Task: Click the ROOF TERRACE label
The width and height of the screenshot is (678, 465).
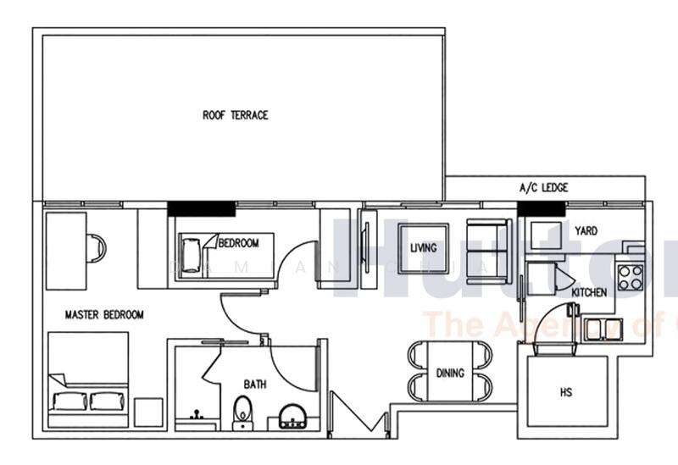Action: coord(235,115)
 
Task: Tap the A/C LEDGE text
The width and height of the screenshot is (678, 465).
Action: coord(543,188)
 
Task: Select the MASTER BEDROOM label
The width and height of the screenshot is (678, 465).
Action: coord(104,315)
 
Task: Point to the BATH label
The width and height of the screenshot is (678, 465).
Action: coord(255,385)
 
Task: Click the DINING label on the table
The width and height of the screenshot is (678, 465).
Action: coord(449,373)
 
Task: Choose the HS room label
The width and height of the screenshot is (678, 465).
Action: coord(566,393)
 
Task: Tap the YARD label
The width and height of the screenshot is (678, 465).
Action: coord(586,230)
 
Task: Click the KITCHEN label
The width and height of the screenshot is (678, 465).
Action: coord(588,292)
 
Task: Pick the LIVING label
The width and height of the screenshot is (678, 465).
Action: coord(423,248)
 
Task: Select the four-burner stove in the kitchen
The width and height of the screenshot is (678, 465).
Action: coord(630,277)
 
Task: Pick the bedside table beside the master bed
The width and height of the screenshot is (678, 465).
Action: coord(148,412)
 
